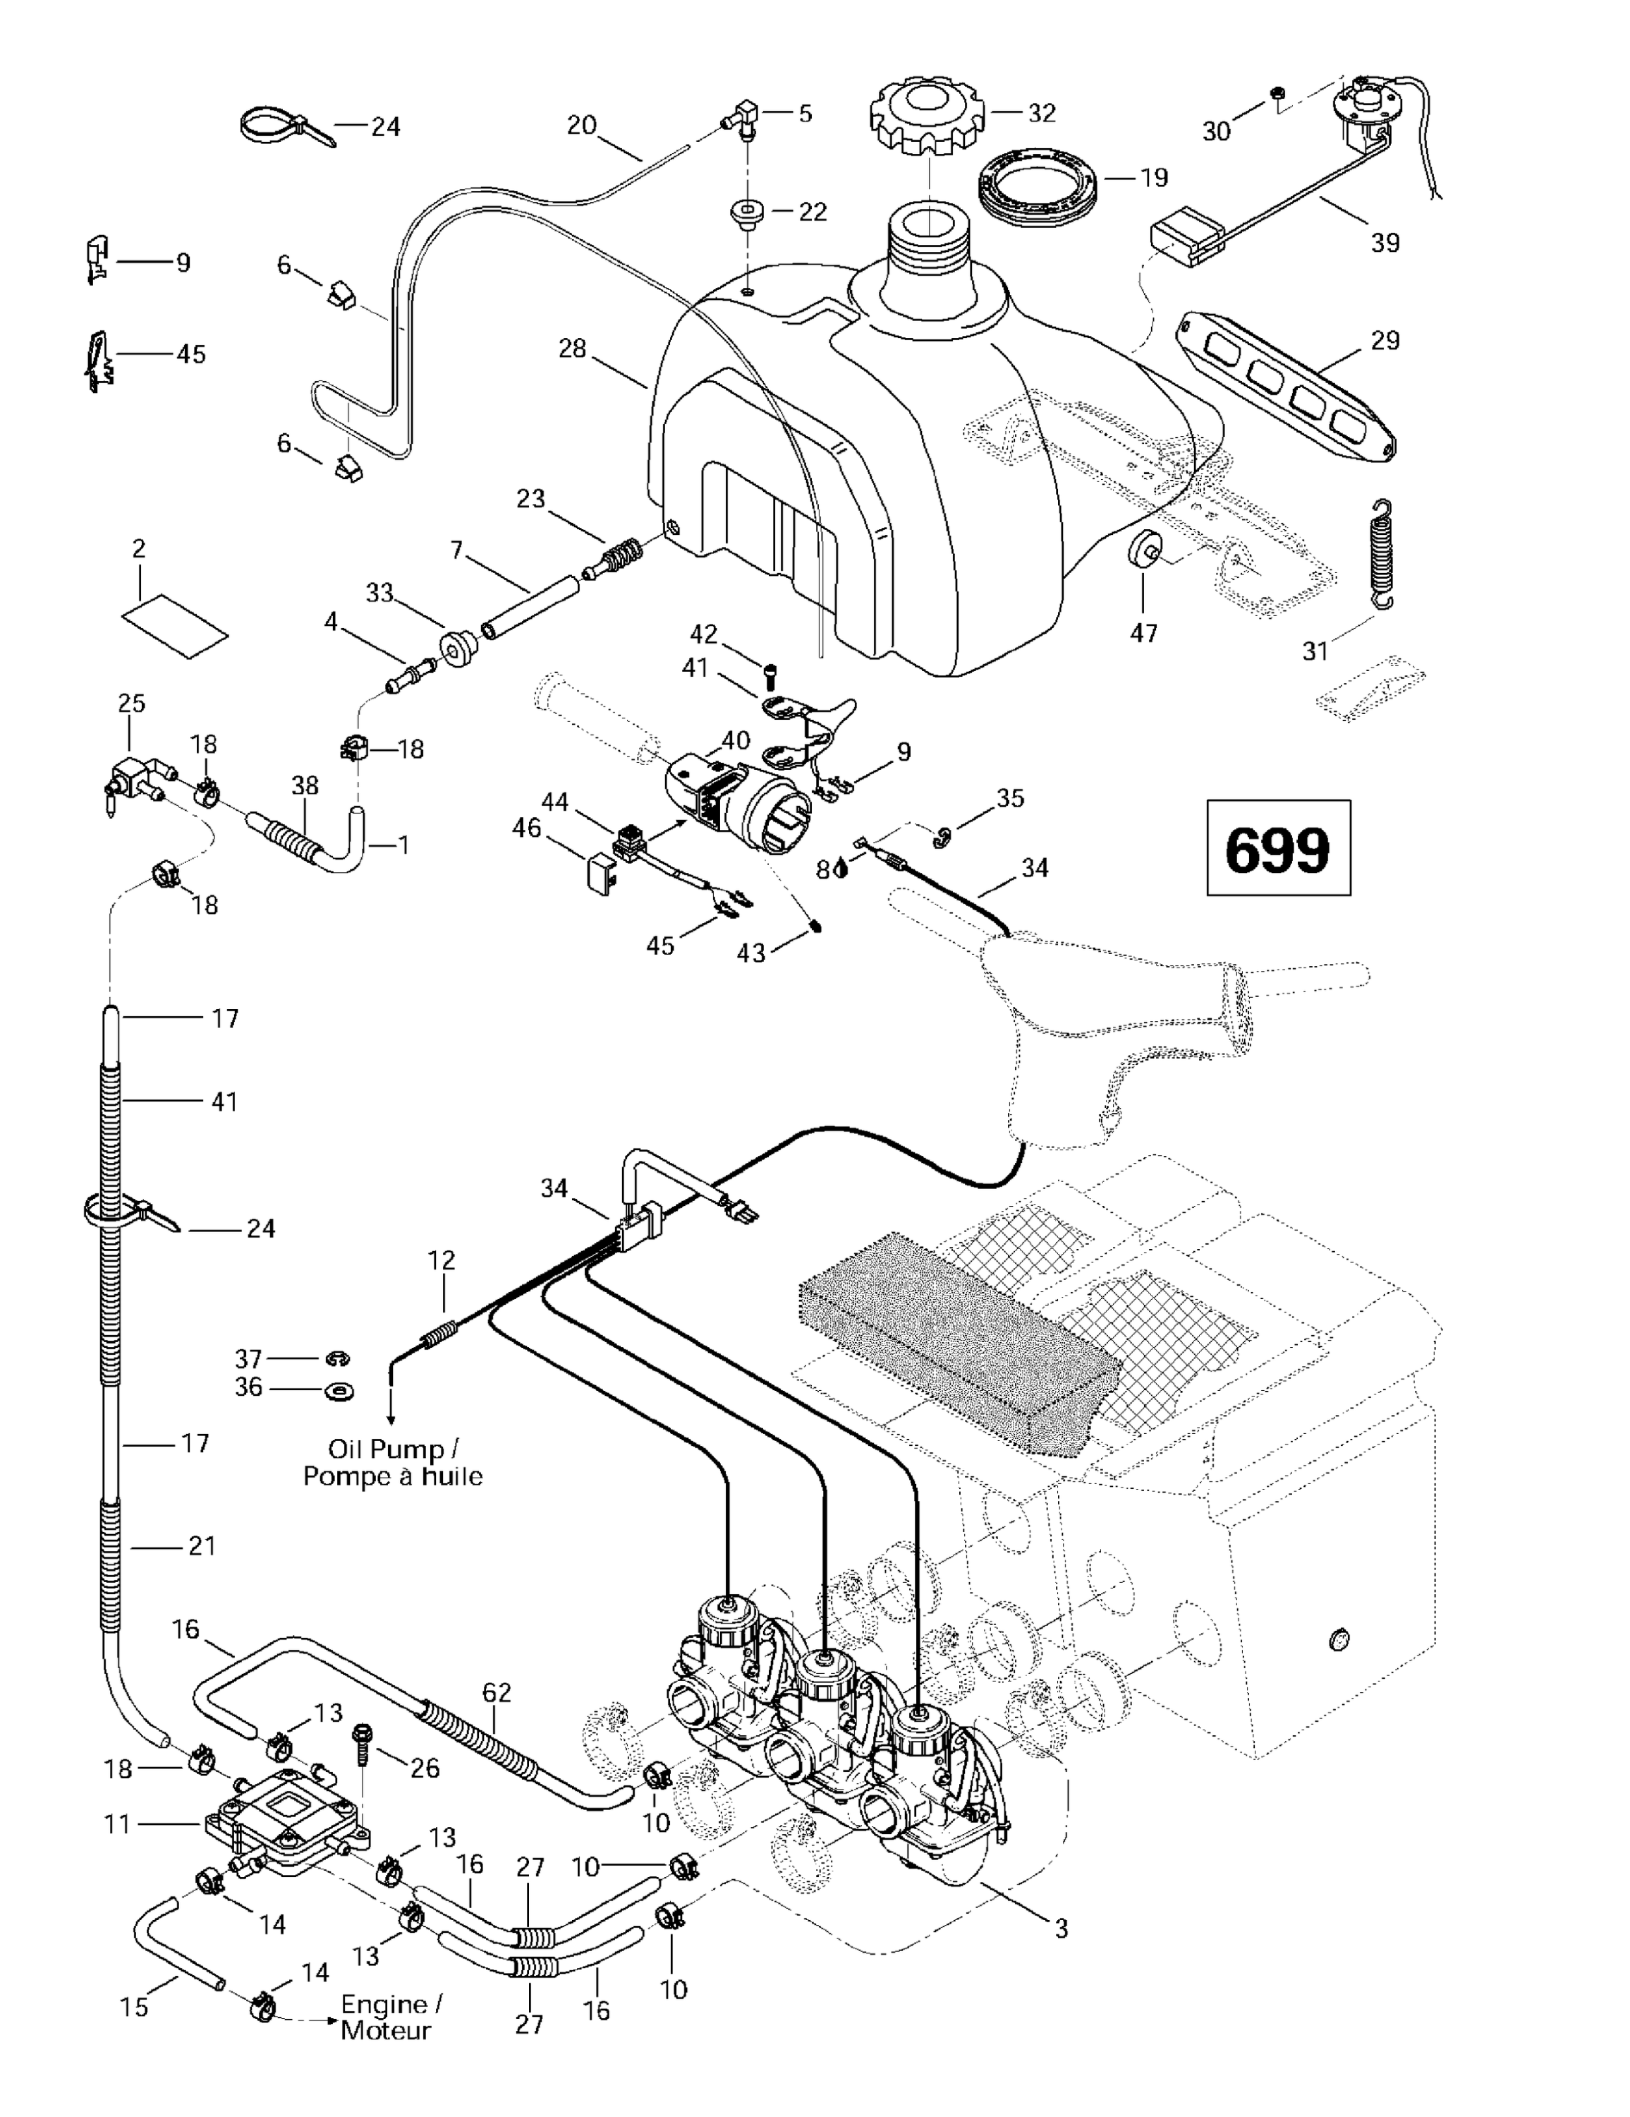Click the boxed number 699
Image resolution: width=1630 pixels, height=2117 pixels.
coord(1277,849)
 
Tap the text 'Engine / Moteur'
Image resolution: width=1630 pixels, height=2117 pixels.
coord(391,2018)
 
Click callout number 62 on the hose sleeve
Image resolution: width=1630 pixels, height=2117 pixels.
coord(496,1692)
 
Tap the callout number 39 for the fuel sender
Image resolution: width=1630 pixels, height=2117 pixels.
coord(1385,242)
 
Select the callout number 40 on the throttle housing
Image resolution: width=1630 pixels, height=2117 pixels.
coord(736,740)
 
